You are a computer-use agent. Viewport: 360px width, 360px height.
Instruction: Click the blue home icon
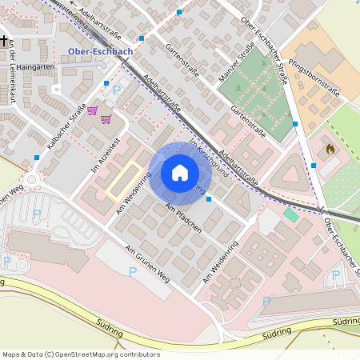[x=180, y=172]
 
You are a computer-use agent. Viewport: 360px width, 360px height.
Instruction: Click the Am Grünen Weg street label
[x=148, y=263]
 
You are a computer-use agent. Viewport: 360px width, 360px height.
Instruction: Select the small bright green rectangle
[x=290, y=214]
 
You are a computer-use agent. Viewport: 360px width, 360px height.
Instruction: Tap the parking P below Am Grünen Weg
[x=133, y=272]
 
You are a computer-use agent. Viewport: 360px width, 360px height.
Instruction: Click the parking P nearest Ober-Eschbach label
[x=118, y=91]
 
